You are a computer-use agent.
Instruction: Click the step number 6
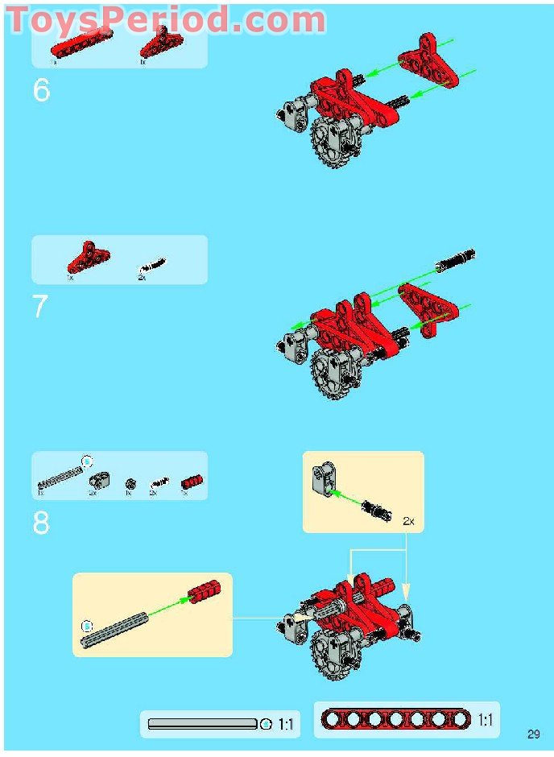42,91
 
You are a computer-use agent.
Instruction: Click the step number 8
41,523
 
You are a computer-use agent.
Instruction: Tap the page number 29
534,734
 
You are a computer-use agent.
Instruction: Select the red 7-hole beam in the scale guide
395,720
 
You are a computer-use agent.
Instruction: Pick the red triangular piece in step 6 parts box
159,48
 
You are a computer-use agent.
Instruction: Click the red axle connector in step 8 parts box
191,482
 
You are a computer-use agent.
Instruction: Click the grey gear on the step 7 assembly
329,374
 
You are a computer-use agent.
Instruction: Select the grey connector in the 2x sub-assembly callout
321,479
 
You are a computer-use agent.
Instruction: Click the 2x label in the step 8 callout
408,522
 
